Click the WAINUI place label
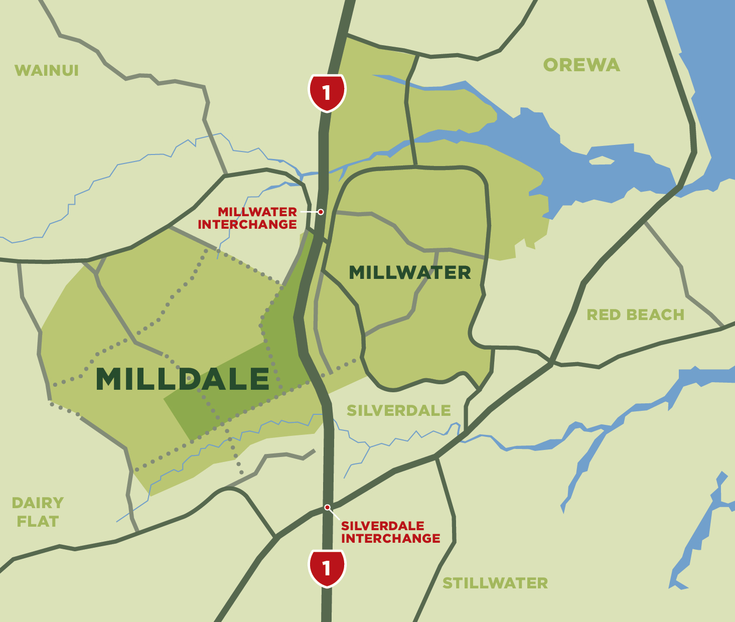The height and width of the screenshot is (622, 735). [x=47, y=70]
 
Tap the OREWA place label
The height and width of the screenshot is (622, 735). [x=581, y=65]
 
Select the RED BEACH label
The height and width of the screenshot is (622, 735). [x=635, y=315]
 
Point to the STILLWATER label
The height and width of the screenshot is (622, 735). [x=495, y=583]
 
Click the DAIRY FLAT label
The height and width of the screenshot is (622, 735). [x=38, y=512]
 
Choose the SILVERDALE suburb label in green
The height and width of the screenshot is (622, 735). [x=398, y=410]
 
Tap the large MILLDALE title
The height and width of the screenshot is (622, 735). [x=183, y=379]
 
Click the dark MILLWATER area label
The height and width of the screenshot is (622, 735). [x=409, y=272]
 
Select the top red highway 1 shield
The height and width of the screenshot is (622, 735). [x=327, y=92]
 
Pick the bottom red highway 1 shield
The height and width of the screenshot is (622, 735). [x=327, y=568]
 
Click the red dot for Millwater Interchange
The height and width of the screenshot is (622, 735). [x=321, y=212]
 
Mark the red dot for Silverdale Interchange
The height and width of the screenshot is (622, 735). [x=327, y=507]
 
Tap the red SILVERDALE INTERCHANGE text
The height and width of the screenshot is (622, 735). [x=390, y=532]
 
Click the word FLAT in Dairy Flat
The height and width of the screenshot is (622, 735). [x=38, y=521]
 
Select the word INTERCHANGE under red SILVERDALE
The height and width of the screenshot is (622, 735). [x=390, y=538]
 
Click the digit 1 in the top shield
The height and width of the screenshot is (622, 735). [x=327, y=92]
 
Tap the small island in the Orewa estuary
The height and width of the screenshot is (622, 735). [x=602, y=161]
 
